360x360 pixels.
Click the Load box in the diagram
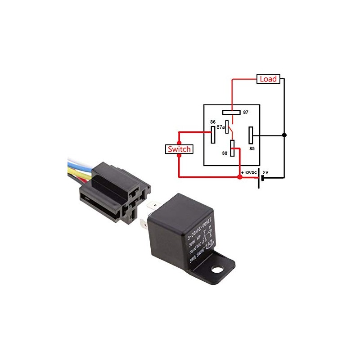[x=269, y=79]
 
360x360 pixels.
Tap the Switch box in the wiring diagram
[x=179, y=149]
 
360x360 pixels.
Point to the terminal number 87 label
[x=246, y=112]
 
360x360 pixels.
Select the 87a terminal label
[x=220, y=127]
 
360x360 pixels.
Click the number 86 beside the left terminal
[x=213, y=122]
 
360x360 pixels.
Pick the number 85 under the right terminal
[x=252, y=148]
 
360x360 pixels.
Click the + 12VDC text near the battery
[x=248, y=173]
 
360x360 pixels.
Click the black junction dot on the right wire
[x=284, y=135]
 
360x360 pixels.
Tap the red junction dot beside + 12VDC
[x=240, y=177]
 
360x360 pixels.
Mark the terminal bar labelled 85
[x=251, y=135]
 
